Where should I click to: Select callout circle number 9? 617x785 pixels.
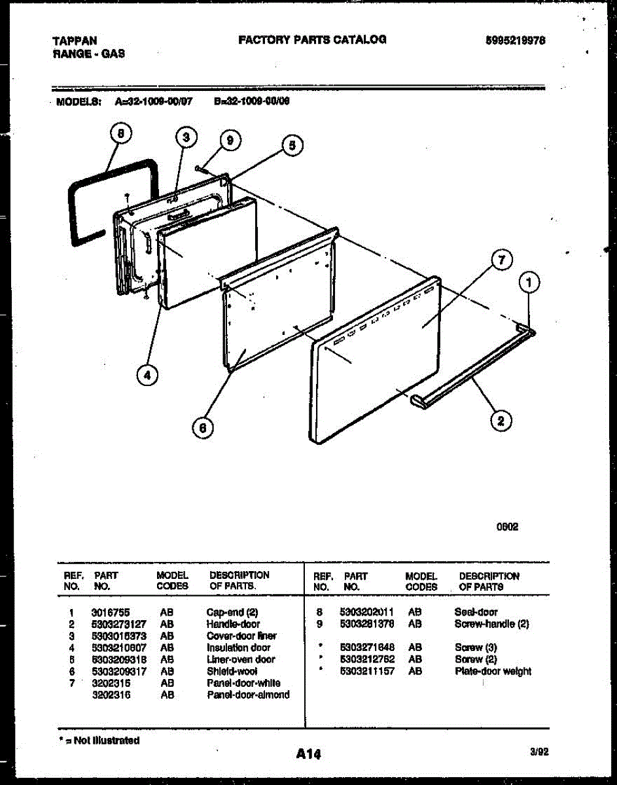pos(229,139)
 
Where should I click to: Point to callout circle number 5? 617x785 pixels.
pos(292,145)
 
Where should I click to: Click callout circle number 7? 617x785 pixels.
pos(501,260)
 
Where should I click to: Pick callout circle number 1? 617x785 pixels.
pos(529,283)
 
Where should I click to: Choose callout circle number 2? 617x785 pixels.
pos(501,421)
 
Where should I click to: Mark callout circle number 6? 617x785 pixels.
pos(203,427)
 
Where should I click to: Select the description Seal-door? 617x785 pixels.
pos(476,612)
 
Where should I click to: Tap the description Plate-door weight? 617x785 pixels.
pos(493,671)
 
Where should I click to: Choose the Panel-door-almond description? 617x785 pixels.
pos(248,695)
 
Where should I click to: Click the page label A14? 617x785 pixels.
pos(308,754)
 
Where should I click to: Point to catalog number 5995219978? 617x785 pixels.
pos(516,40)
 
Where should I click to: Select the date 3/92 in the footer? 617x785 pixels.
pos(538,753)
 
